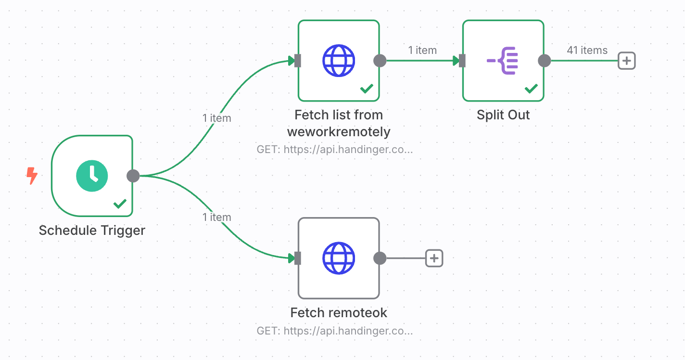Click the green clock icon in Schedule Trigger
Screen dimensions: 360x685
[x=92, y=176]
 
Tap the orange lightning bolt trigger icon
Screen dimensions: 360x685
[x=31, y=176]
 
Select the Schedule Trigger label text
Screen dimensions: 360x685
[x=92, y=231]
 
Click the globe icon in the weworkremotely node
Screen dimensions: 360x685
[x=338, y=61]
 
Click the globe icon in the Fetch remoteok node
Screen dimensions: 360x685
[x=338, y=258]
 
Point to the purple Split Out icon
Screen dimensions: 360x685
[x=503, y=61]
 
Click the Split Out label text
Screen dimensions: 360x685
[x=503, y=115]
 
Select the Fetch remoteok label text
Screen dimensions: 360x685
[x=339, y=313]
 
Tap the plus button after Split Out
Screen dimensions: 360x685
[x=627, y=61]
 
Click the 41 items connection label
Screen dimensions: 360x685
[x=587, y=50]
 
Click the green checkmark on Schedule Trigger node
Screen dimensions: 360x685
[x=120, y=204]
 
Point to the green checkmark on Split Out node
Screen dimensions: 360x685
[x=531, y=89]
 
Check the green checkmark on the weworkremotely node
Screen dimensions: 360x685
[x=367, y=89]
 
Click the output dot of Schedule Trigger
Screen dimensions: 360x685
[x=133, y=176]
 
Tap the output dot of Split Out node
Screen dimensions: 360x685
[x=544, y=61]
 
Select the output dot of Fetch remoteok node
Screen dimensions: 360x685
[x=380, y=258]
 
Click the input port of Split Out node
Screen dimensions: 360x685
[x=462, y=61]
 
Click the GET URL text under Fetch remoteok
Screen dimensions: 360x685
[x=335, y=331]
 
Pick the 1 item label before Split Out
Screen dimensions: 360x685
[x=422, y=50]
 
